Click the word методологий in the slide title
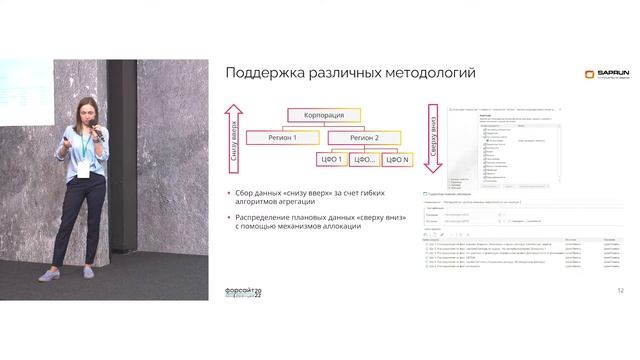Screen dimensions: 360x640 click(x=424, y=73)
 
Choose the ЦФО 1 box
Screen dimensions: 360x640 click(x=333, y=160)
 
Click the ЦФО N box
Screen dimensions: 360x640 click(x=397, y=160)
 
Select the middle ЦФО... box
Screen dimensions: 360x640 click(x=365, y=160)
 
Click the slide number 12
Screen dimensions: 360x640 click(x=621, y=290)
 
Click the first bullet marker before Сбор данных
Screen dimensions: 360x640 click(x=228, y=193)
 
